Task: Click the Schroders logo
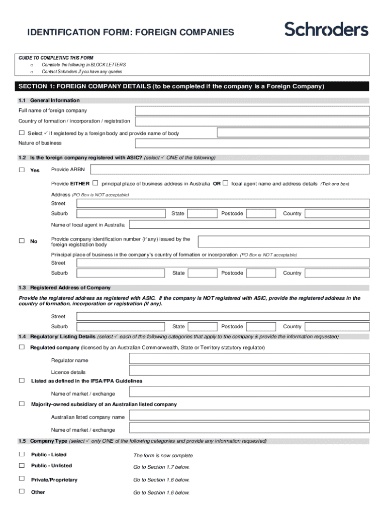(326, 30)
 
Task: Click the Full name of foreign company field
(252, 110)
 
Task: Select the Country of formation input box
(252, 121)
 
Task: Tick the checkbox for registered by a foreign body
(22, 133)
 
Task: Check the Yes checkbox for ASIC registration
(22, 170)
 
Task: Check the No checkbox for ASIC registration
(22, 241)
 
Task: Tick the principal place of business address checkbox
(95, 183)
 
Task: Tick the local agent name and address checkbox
(226, 183)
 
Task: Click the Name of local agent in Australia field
(249, 224)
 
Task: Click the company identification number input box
(283, 242)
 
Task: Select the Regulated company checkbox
(22, 347)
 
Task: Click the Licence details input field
(249, 371)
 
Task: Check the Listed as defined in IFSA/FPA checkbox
(22, 380)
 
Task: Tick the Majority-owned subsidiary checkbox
(22, 404)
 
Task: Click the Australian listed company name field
(249, 417)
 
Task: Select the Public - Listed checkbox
(22, 454)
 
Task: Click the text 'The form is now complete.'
(163, 456)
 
